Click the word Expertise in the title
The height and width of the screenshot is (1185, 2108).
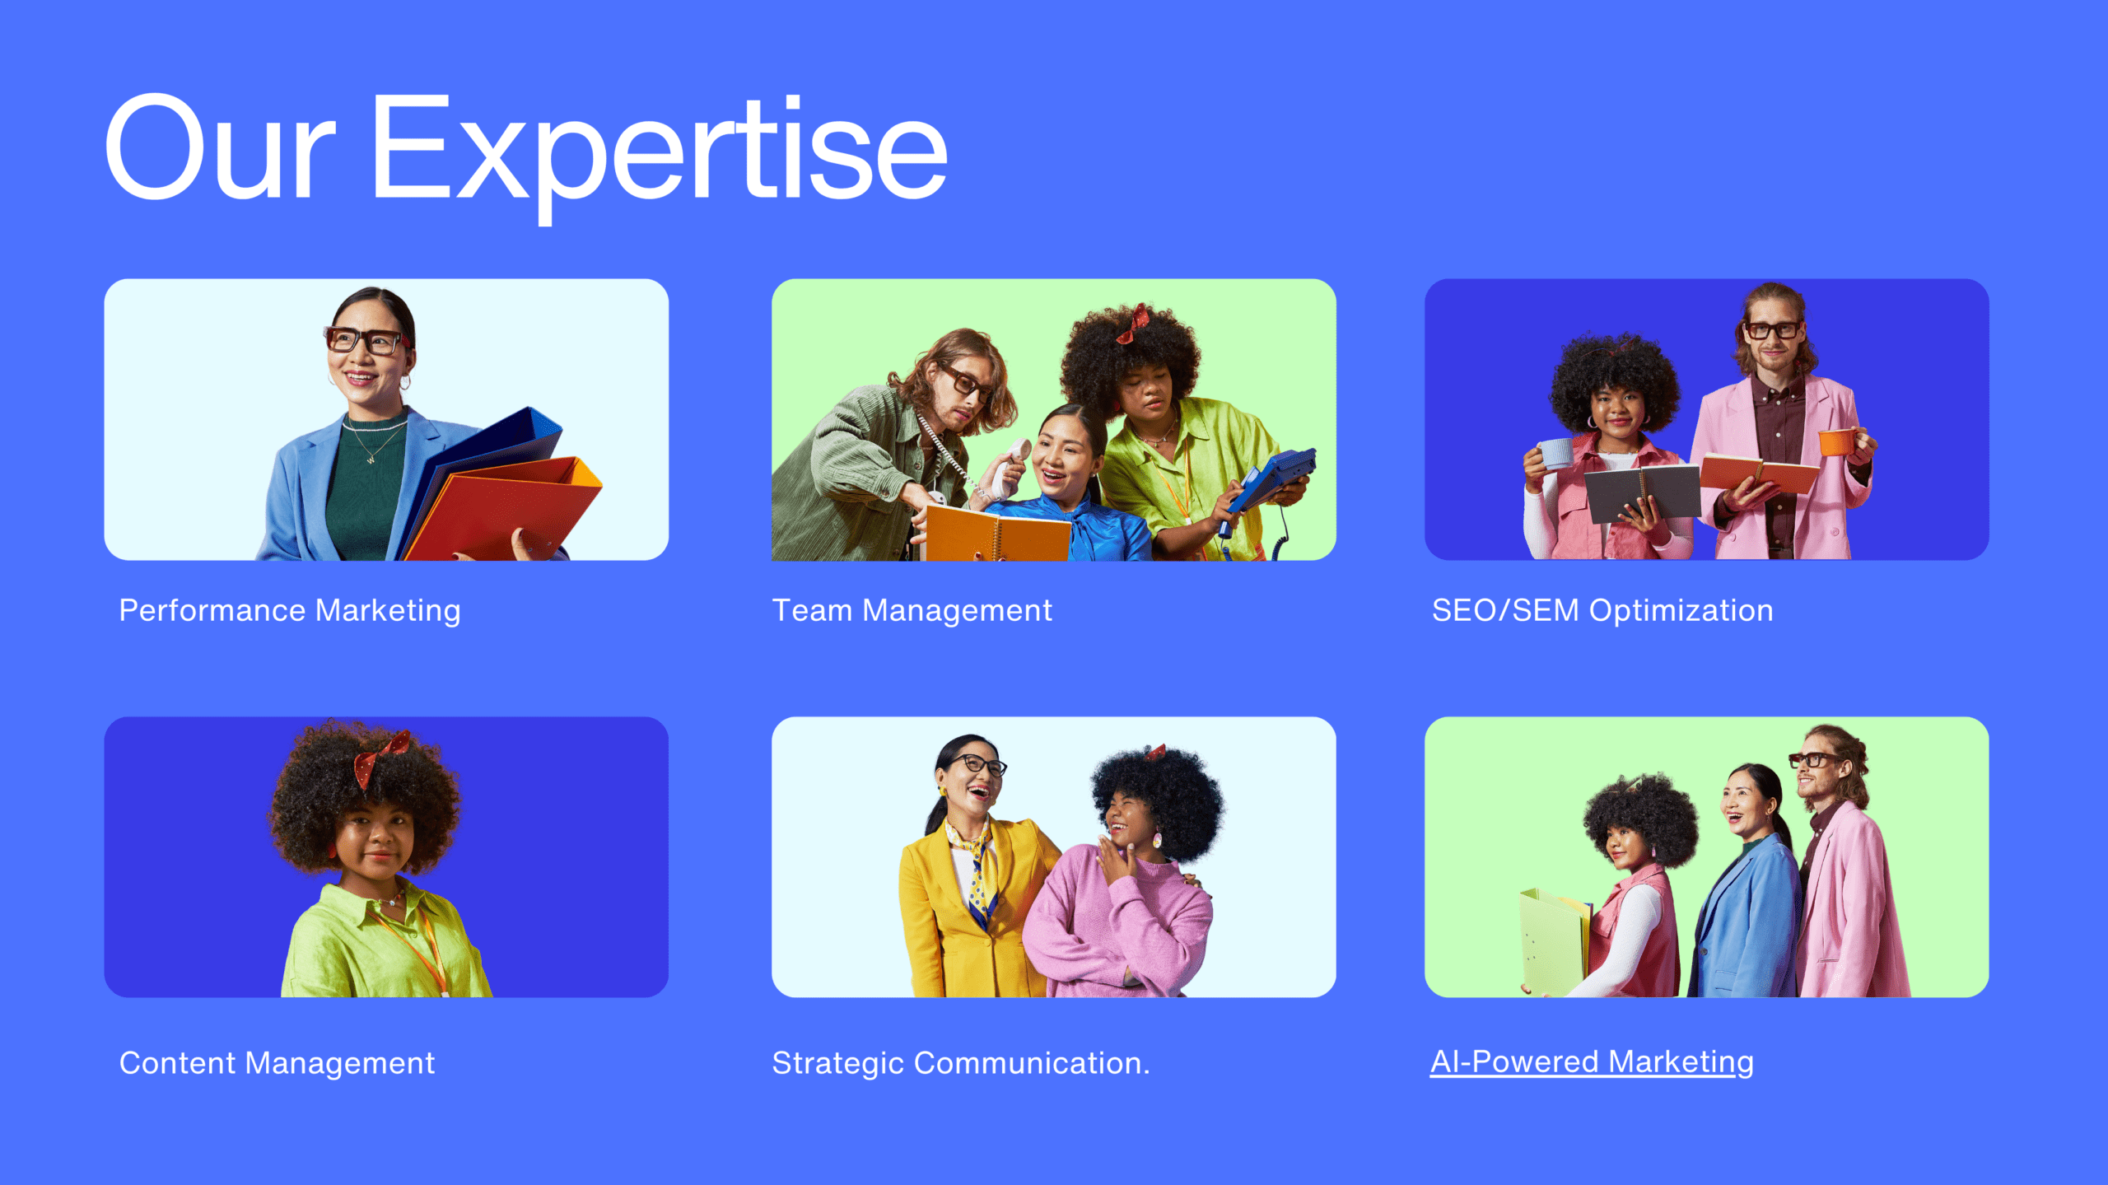click(660, 156)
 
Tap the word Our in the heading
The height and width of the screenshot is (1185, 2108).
click(221, 148)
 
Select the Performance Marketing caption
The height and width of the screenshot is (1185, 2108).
click(290, 611)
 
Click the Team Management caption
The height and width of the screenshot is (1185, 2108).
click(912, 611)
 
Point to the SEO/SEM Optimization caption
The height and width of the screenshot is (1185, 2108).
click(1602, 611)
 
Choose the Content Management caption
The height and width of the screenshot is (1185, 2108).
click(277, 1063)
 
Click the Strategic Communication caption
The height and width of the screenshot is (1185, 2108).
click(960, 1063)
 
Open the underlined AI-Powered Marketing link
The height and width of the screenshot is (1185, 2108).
click(1592, 1062)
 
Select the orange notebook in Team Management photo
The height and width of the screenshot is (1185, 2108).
click(996, 534)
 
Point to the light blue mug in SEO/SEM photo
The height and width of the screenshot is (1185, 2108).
click(1555, 454)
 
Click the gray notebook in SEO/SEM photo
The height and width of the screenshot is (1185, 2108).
click(1641, 492)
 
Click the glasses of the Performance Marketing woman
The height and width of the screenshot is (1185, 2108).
click(366, 340)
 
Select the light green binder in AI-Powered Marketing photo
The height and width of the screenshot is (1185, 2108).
click(1555, 941)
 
